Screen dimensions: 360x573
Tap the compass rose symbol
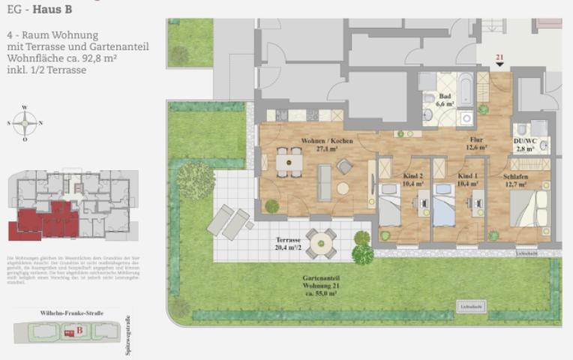click(25, 123)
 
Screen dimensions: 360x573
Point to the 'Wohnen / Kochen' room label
click(327, 144)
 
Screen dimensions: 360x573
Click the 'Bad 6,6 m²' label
click(445, 100)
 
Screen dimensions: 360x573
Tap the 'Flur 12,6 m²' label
click(476, 144)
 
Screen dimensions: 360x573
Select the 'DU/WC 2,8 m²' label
click(524, 144)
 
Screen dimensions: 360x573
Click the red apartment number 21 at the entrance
click(500, 58)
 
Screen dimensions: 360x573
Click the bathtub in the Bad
click(465, 87)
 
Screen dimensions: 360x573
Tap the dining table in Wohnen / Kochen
click(284, 162)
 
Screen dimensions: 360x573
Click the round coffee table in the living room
click(343, 188)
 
